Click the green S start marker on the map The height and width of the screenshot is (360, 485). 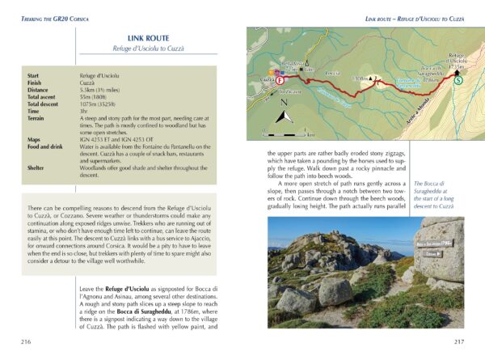(458, 79)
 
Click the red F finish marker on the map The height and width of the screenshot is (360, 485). (280, 81)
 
